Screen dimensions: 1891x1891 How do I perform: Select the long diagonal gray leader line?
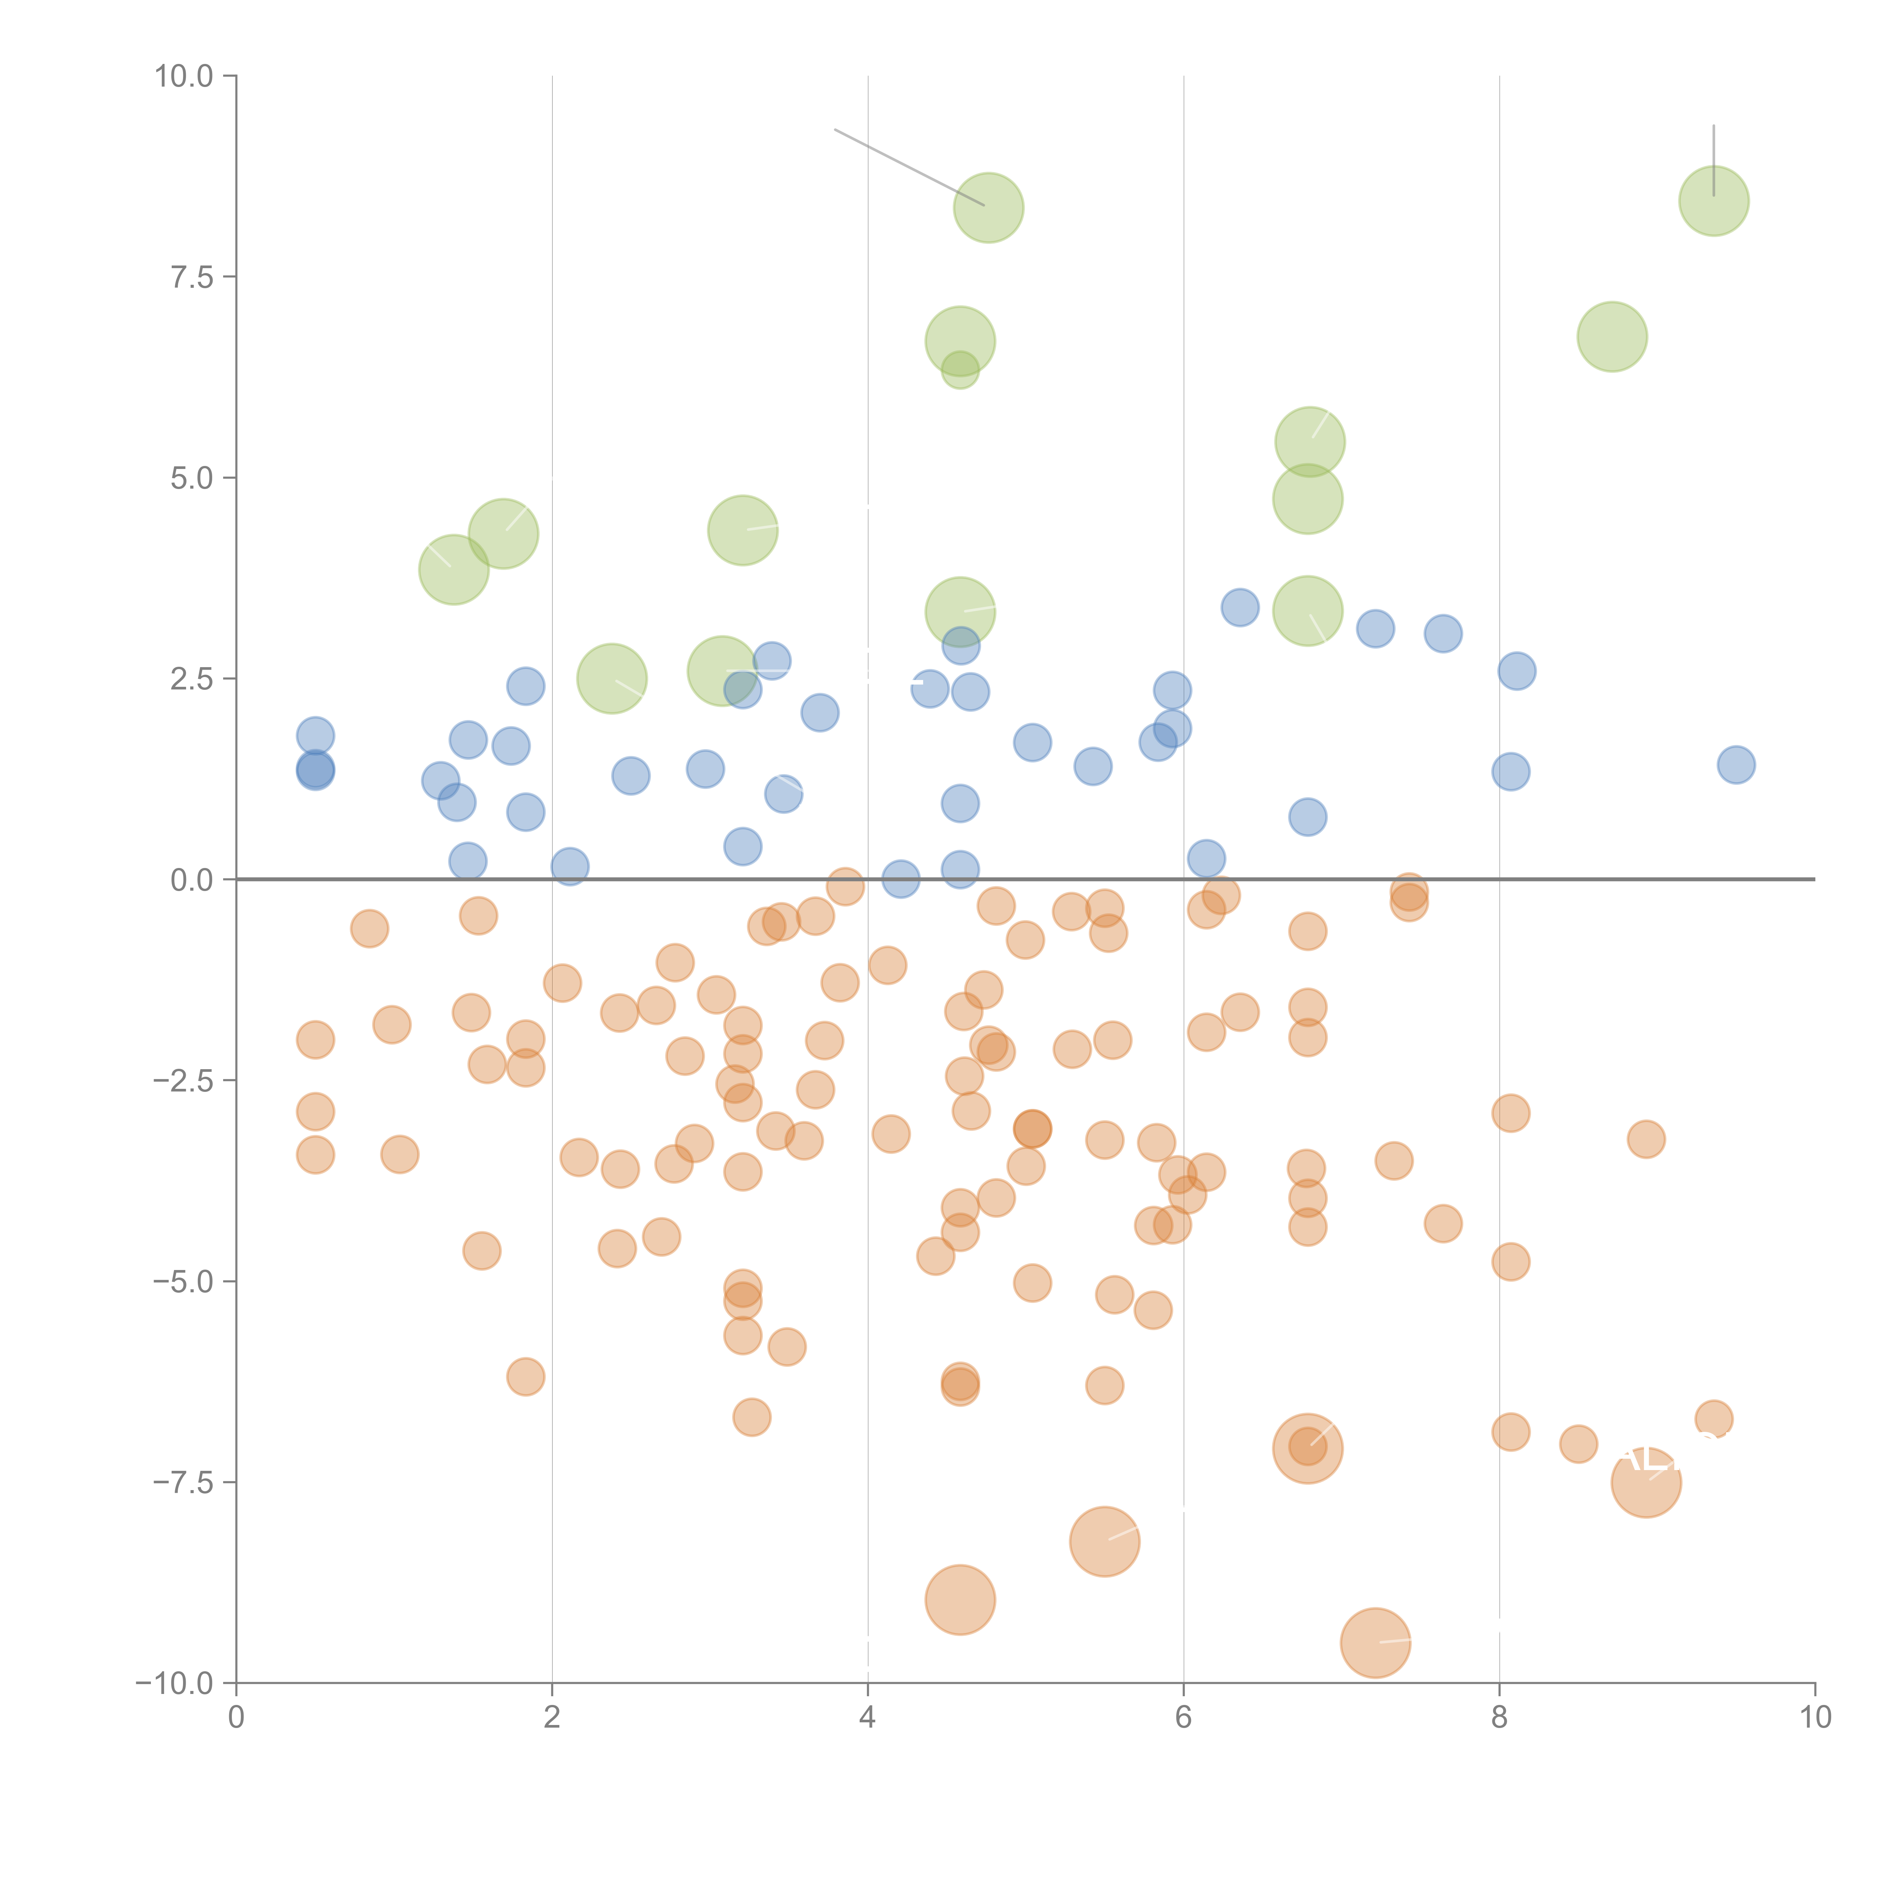click(x=908, y=166)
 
